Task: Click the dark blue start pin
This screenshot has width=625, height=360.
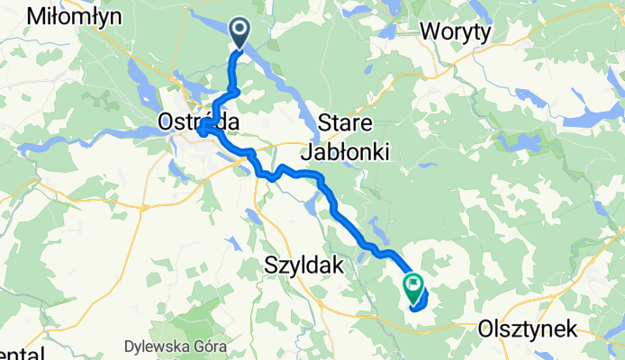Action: pyautogui.click(x=240, y=33)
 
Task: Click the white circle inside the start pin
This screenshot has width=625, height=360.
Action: pyautogui.click(x=240, y=31)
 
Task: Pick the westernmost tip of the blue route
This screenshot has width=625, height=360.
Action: pyautogui.click(x=197, y=131)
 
